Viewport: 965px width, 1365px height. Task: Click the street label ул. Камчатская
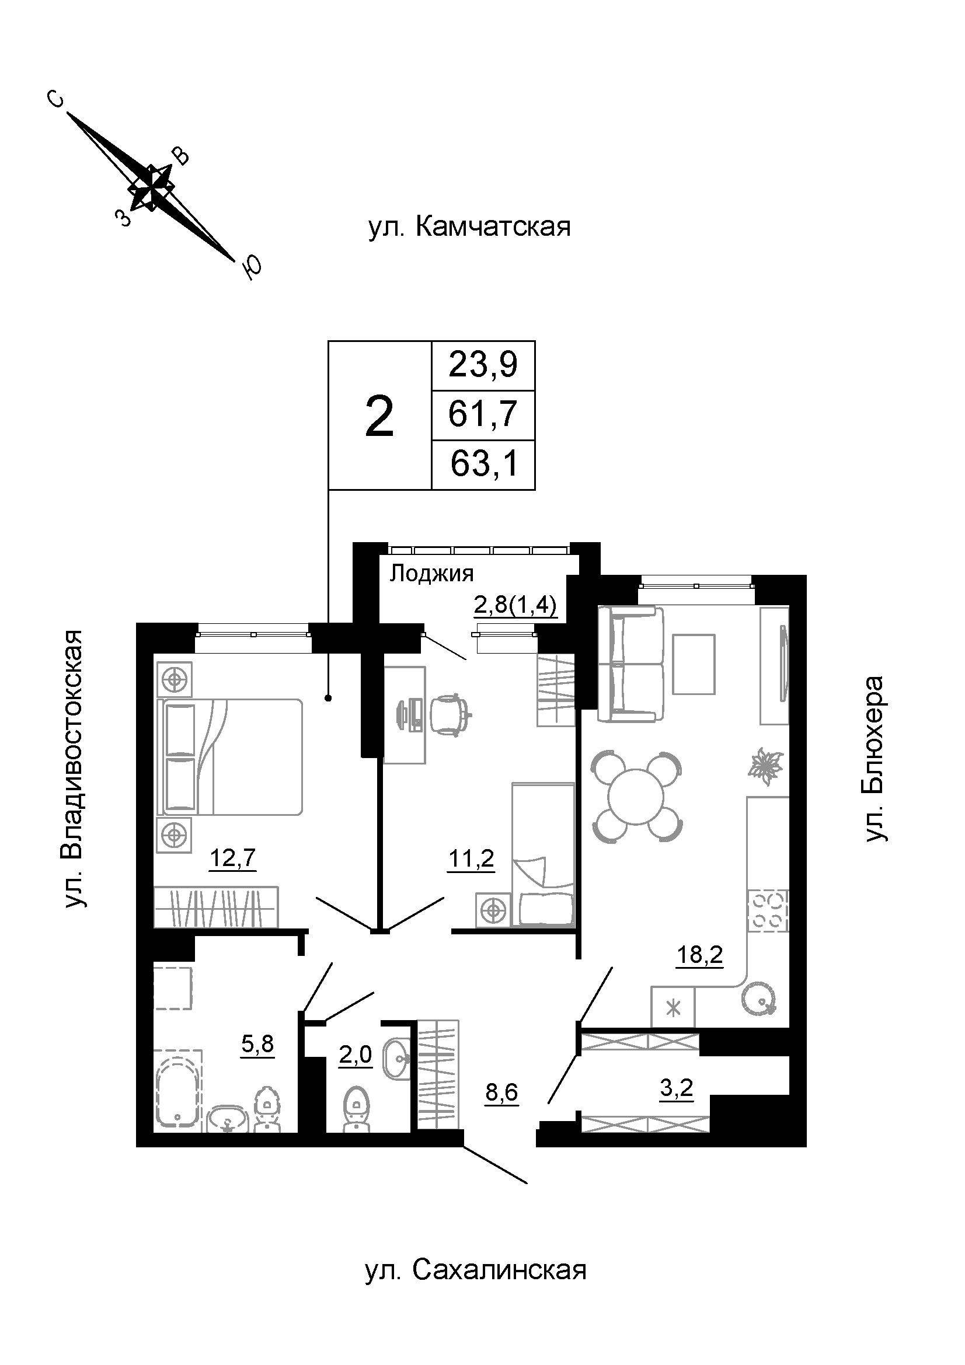click(x=469, y=227)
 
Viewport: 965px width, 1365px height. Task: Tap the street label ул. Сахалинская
click(x=476, y=1270)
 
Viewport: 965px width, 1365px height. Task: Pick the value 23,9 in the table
click(x=483, y=364)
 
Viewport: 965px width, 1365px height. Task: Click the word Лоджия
click(x=431, y=573)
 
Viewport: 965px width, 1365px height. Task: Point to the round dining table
click(x=636, y=797)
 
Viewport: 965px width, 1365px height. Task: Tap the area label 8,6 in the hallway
click(x=501, y=1092)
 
